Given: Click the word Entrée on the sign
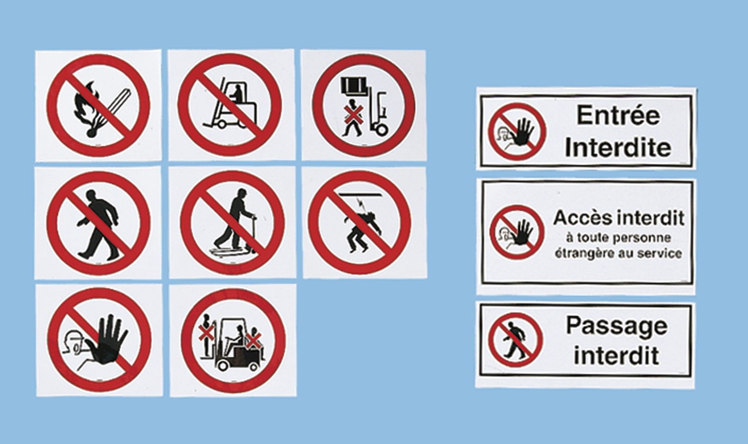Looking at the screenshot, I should [x=618, y=115].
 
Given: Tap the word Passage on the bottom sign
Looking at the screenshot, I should [x=616, y=326].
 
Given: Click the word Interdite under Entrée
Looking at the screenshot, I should [x=617, y=147].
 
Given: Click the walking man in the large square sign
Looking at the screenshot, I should [x=97, y=223].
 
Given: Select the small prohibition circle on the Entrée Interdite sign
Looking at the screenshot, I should [x=516, y=132].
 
